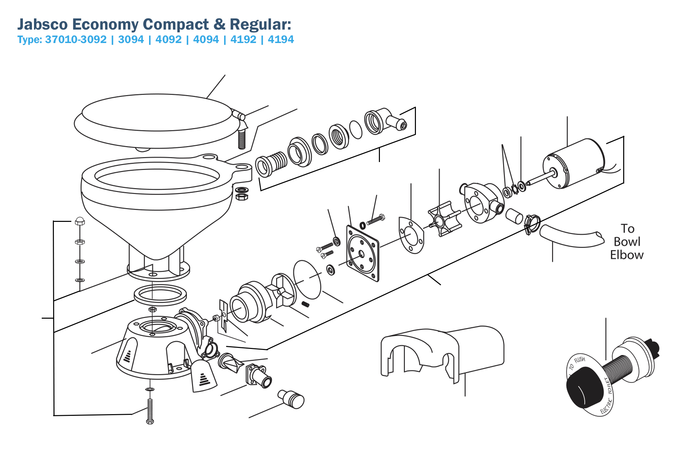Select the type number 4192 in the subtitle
point(243,40)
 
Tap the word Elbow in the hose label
point(627,255)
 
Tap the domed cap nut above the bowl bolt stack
point(80,221)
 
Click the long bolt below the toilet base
point(150,411)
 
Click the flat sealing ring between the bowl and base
point(160,294)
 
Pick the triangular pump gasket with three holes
point(411,235)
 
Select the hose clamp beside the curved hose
point(532,225)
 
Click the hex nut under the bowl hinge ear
point(242,197)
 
